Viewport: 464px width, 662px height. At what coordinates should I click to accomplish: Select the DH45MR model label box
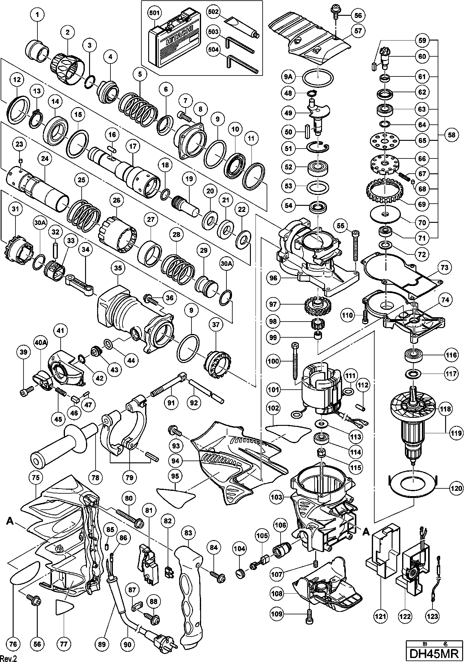434,653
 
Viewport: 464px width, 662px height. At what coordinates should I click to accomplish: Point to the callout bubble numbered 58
451,135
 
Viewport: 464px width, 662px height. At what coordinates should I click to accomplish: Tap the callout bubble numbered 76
13,643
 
